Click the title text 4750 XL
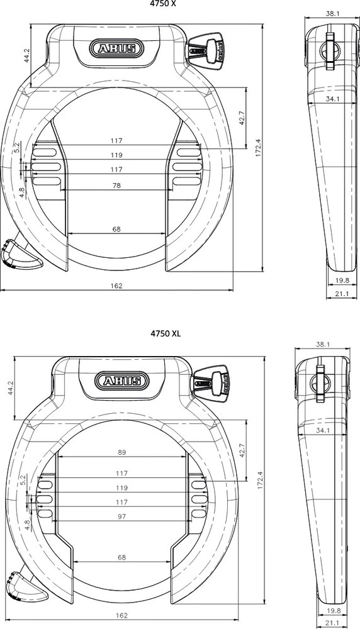[165, 333]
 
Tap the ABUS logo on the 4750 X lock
[116, 48]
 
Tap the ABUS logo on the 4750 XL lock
[122, 381]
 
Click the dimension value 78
[116, 186]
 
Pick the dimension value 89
[122, 452]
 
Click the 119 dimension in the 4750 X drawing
[116, 155]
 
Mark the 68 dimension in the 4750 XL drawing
[122, 557]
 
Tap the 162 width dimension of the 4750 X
[116, 285]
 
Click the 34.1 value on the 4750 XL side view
[324, 430]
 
